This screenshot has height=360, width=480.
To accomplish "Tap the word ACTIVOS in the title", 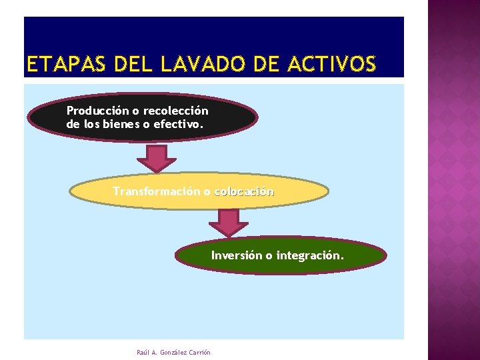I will [333, 65].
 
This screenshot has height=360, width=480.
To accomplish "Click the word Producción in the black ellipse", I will [97, 111].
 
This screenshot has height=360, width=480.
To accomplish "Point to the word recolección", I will [175, 111].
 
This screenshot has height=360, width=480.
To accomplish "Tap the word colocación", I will [244, 192].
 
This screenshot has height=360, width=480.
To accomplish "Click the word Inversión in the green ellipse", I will [236, 255].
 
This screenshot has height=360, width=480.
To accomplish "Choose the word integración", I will [310, 255].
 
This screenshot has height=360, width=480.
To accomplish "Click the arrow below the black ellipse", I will [157, 158].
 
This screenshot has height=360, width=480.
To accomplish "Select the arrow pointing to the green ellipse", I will [229, 222].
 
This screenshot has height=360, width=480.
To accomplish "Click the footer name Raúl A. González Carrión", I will [173, 352].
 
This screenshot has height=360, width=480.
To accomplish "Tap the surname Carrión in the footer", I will [199, 352].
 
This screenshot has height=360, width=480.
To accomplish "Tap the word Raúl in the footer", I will [142, 352].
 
